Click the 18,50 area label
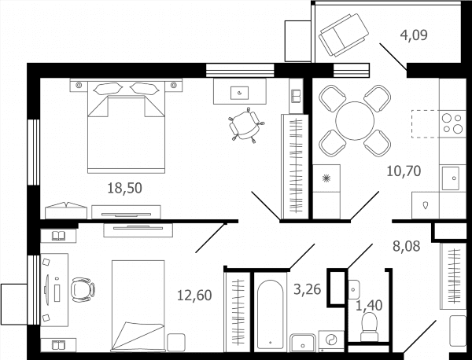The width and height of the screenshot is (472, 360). click(124, 188)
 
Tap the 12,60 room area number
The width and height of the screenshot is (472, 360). click(194, 295)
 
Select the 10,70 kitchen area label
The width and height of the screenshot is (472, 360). click(404, 171)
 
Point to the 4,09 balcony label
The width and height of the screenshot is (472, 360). click(414, 35)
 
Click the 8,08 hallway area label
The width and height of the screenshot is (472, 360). click(407, 246)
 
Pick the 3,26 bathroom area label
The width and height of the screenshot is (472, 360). click(308, 289)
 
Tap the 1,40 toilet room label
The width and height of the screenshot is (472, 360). click(369, 306)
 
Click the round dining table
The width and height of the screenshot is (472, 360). click(355, 121)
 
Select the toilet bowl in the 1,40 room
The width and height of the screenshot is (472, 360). click(370, 327)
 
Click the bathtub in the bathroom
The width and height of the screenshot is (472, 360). click(271, 314)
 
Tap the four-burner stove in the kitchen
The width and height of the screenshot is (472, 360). click(452, 123)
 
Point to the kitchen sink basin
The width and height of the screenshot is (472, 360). click(451, 178)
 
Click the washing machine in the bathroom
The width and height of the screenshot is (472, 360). click(331, 341)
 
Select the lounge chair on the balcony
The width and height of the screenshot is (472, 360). click(344, 35)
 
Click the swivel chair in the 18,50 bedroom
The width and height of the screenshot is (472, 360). click(246, 125)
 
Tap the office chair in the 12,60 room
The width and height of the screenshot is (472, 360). click(83, 289)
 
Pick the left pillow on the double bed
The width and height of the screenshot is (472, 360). click(108, 88)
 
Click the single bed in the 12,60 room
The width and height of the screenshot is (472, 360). click(138, 305)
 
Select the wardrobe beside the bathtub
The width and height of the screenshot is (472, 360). click(238, 312)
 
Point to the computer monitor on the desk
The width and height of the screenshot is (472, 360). click(47, 289)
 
